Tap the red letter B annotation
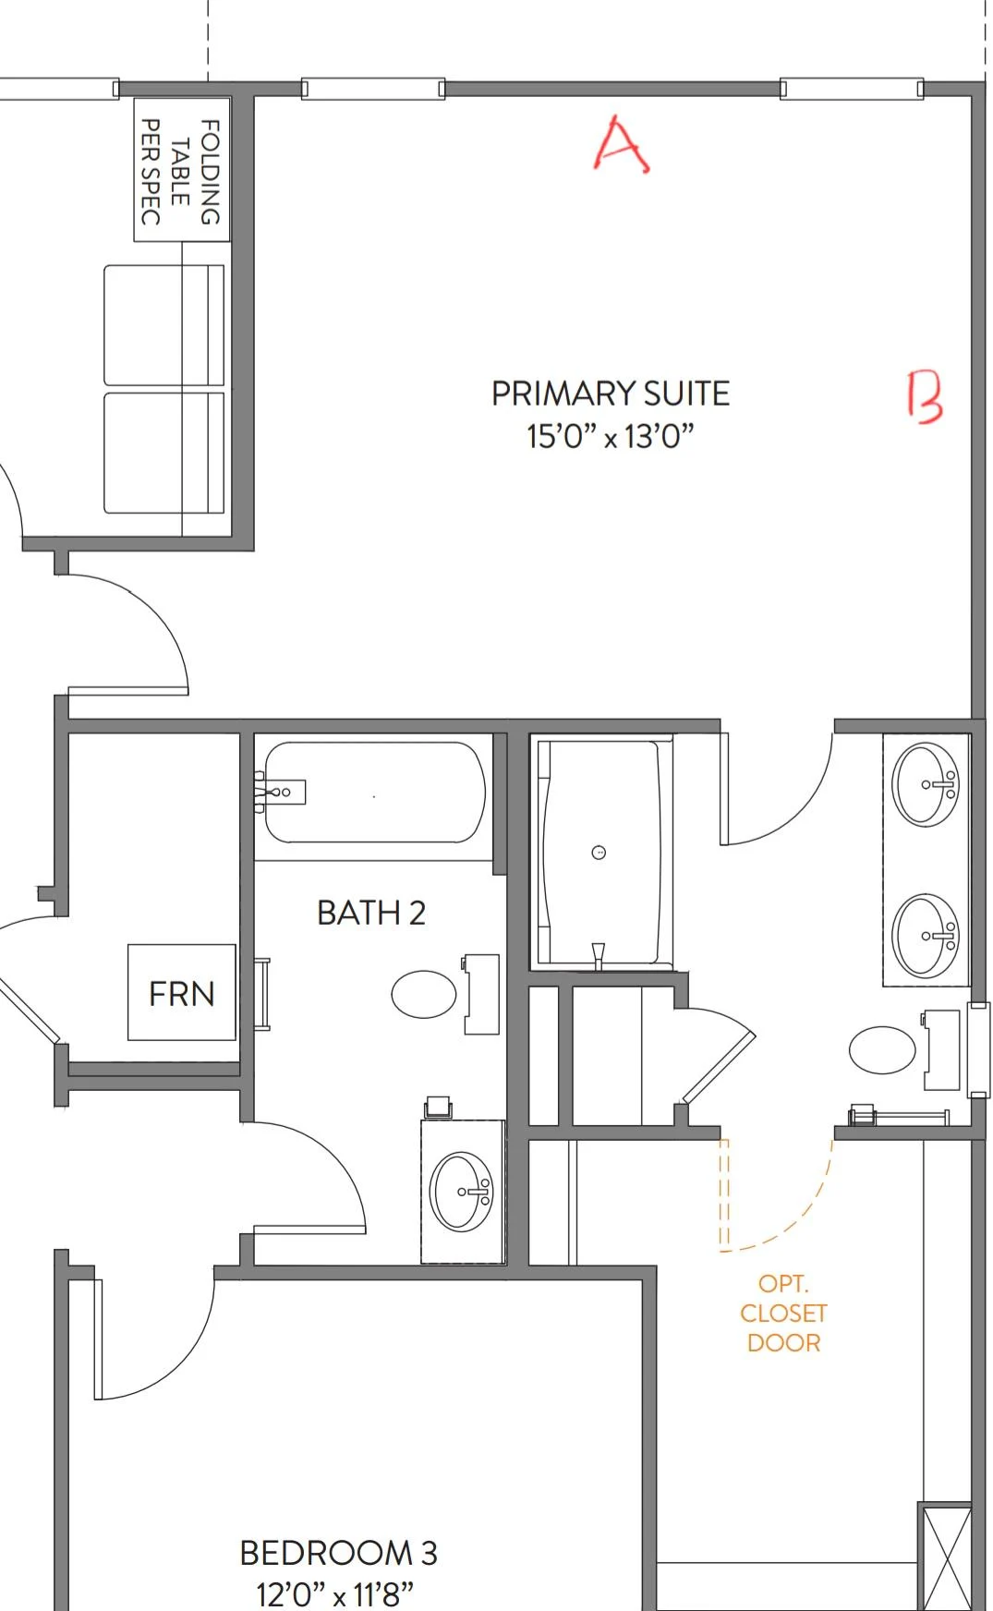point(925,397)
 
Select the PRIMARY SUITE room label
point(610,394)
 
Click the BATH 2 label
point(370,913)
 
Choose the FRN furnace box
point(182,993)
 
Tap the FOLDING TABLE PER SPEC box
point(181,171)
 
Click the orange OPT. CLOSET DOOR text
point(783,1313)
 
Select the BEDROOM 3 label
point(338,1553)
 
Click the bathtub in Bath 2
point(374,793)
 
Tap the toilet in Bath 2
point(425,995)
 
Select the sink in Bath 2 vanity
point(462,1192)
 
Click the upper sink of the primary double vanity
point(925,784)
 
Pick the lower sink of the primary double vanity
point(925,935)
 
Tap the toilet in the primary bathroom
point(883,1050)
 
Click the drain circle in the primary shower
point(599,853)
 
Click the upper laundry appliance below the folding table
point(163,325)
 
